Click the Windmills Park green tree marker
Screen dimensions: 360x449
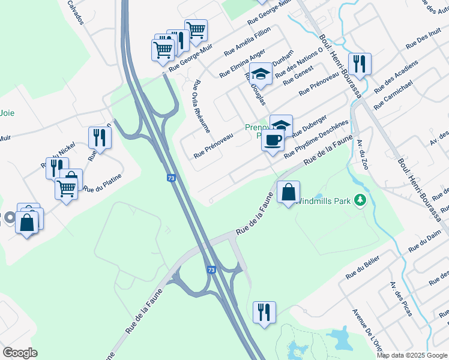pyautogui.click(x=360, y=199)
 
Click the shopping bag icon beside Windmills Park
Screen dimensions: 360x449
pyautogui.click(x=289, y=193)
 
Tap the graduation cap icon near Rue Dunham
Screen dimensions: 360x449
pyautogui.click(x=261, y=73)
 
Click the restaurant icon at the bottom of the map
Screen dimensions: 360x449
pyautogui.click(x=264, y=311)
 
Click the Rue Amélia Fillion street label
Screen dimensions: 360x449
pyautogui.click(x=247, y=41)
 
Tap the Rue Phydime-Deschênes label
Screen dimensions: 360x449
pyautogui.click(x=316, y=137)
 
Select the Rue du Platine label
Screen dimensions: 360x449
pyautogui.click(x=103, y=182)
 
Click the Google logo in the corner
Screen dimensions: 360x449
pyautogui.click(x=20, y=353)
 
